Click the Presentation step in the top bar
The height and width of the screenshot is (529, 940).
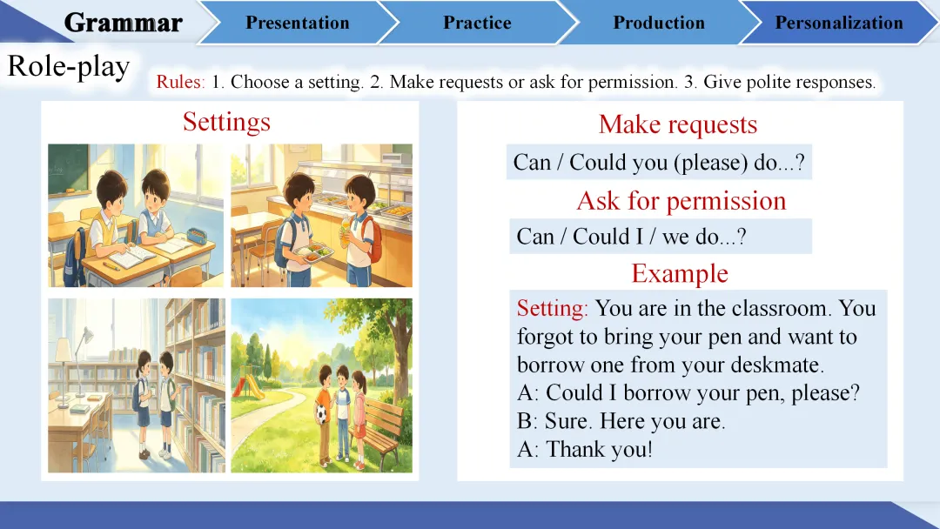(298, 23)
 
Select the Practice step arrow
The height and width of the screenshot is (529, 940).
(477, 23)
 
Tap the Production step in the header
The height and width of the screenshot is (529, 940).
(659, 23)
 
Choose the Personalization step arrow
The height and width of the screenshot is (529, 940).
(839, 23)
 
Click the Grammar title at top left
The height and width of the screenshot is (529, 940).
(123, 23)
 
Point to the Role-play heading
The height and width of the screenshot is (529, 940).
(69, 67)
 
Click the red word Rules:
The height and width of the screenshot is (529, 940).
(180, 82)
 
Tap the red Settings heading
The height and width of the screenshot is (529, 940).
(226, 122)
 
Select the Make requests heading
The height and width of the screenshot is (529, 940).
(677, 124)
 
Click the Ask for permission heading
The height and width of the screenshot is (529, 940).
(681, 201)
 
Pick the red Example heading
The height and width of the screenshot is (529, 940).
(679, 273)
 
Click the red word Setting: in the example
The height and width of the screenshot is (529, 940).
(552, 309)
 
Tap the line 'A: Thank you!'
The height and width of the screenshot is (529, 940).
(585, 449)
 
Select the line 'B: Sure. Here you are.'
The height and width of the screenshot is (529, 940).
(621, 420)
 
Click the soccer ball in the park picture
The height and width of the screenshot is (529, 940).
(322, 414)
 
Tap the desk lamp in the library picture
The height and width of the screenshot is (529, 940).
(74, 365)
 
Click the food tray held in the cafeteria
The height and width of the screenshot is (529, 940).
(313, 254)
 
